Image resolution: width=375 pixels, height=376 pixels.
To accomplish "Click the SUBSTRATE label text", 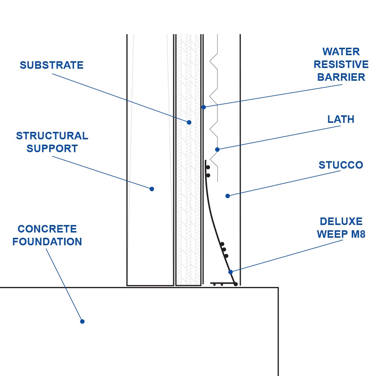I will pos(52,65).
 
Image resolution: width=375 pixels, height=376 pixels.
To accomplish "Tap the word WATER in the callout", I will pos(341,52).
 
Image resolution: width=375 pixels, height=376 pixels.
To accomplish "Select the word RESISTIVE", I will pos(341,65).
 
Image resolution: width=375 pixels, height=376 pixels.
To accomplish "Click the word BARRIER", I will pos(341,77).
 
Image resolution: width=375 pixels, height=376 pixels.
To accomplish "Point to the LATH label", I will pos(340,119).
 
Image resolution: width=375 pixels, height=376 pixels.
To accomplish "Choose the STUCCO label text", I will pos(340,165).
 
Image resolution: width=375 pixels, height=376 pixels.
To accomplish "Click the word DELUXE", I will pos(341,222).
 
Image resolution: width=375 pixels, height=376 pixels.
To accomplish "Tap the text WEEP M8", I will pos(341,234).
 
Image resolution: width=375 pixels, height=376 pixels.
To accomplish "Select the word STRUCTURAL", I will pos(52,136).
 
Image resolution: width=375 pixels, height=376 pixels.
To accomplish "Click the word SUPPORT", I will pos(52,149).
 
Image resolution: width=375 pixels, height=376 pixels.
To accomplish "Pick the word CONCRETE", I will pos(47,229).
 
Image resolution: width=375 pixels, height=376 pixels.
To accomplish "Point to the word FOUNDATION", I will pos(47,242).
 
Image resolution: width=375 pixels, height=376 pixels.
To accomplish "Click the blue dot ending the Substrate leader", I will pos(189,122).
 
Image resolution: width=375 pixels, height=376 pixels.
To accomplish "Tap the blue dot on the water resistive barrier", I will pos(204,107).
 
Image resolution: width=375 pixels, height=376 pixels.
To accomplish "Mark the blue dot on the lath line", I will pos(217,149).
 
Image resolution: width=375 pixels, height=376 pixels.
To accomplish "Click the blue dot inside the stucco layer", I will pos(227,196).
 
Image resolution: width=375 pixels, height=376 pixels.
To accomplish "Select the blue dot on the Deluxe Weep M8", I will pos(231,272).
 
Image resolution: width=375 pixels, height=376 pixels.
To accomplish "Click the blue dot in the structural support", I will pos(152,189).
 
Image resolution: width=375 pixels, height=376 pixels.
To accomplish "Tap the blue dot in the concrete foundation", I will pos(82,322).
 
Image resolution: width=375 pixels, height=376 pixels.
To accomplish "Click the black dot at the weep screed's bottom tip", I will pos(235,284).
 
